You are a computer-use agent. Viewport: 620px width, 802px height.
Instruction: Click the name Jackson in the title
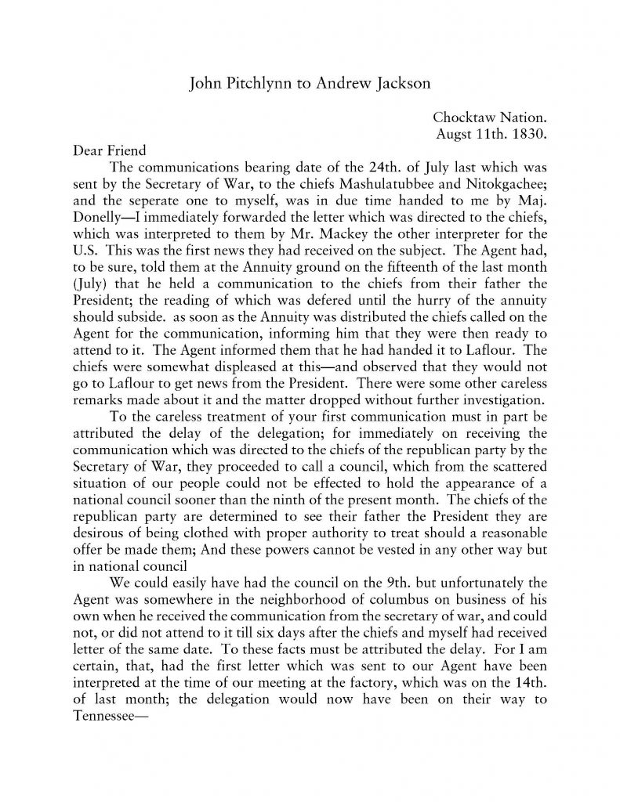(397, 83)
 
